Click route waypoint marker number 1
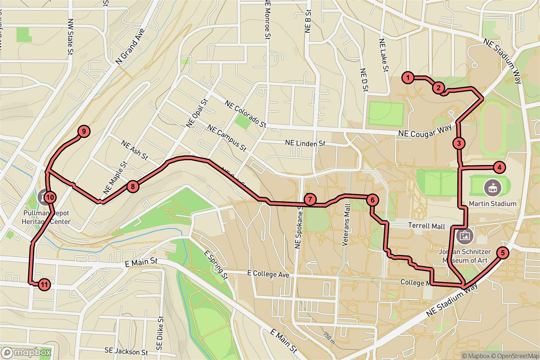tap(408, 78)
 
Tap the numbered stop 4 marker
tap(499, 168)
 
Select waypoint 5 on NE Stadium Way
tap(502, 253)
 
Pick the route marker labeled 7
tap(310, 199)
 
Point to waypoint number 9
tap(84, 131)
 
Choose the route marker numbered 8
tap(132, 186)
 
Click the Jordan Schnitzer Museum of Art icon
tap(463, 234)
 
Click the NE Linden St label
tap(305, 144)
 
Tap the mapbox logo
tap(26, 352)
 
